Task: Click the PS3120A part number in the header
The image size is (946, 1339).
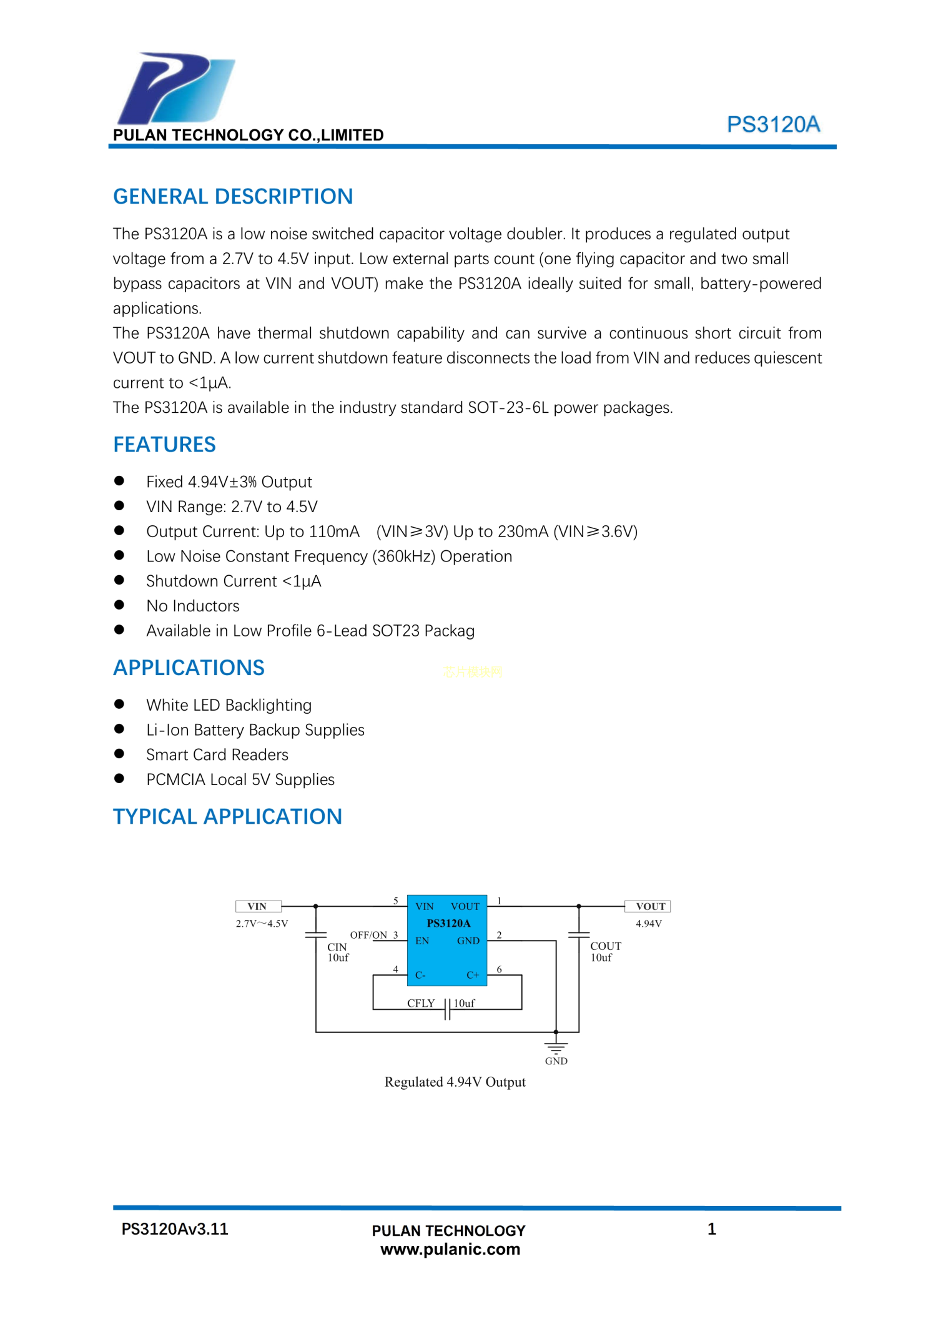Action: coord(772,125)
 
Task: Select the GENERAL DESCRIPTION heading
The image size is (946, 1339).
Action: coord(232,197)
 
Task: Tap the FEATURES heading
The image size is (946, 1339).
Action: coord(164,445)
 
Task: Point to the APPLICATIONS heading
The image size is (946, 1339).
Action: coord(189,668)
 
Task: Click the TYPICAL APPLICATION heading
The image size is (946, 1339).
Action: coord(227,816)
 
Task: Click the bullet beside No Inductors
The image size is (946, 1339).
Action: coord(119,605)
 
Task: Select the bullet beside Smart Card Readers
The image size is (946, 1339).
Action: coord(119,754)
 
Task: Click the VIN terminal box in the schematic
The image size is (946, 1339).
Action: coord(258,906)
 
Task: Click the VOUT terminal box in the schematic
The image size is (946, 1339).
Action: coord(648,906)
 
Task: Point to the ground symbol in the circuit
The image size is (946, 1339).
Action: coord(556,1047)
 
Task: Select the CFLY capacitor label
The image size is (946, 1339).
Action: coord(421,1003)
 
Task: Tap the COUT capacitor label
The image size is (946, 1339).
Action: coord(605,946)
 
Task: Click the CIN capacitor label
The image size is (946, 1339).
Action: coord(337,947)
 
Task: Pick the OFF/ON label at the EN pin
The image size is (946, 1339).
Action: coord(368,935)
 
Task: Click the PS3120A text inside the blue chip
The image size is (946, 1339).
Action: coord(448,923)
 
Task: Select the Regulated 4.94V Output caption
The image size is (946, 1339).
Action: coord(455,1082)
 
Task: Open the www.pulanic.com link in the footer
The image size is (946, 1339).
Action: coord(450,1250)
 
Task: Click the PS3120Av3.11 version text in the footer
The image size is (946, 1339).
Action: coord(175,1229)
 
